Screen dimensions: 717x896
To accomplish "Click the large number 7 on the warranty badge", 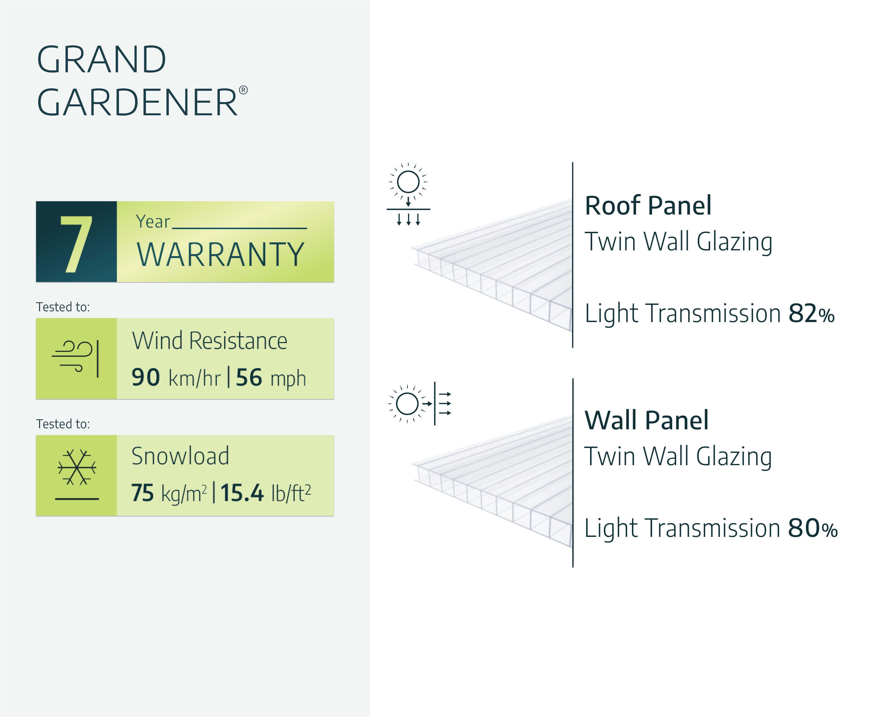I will coord(77,244).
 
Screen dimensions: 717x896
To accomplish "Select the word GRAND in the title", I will coord(102,59).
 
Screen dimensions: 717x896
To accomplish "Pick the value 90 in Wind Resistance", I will coord(145,377).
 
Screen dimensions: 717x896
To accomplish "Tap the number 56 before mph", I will coord(249,377).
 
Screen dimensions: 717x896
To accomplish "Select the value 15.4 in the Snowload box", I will coord(242,493).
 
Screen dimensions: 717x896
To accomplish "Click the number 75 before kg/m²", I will coord(142,493).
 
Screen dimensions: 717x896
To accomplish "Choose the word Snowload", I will coord(180,456).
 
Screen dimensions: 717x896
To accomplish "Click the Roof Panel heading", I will coord(648,205).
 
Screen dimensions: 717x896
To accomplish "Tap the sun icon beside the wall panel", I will coord(407,404).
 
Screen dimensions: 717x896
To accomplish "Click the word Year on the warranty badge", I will coord(153,221).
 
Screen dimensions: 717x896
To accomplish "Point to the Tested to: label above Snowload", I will coord(63,424).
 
